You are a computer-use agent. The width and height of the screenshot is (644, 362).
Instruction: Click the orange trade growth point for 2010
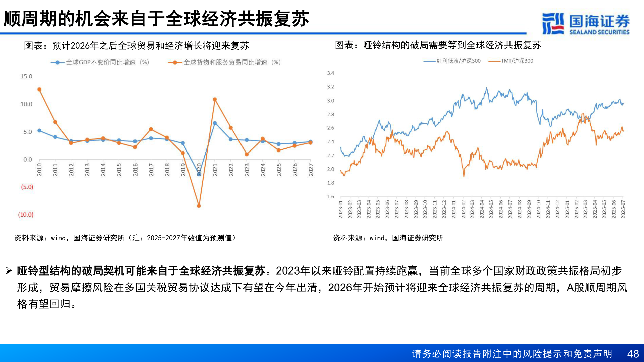(39, 89)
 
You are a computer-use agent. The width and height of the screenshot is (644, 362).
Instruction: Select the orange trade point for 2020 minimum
(199, 206)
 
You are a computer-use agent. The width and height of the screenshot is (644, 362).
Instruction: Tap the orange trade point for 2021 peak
(215, 99)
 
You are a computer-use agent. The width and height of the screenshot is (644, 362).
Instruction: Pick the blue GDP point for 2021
(215, 123)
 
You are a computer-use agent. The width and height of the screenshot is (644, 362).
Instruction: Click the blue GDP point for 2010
(39, 130)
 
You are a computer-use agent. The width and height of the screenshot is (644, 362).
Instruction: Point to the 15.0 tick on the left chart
(26, 76)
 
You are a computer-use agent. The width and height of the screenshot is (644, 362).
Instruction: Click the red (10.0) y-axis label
(26, 215)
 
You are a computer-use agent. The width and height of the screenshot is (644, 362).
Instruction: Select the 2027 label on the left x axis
(311, 170)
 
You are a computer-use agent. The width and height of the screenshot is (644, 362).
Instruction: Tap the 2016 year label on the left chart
(135, 170)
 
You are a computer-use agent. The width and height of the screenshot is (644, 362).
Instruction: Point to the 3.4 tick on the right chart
(330, 73)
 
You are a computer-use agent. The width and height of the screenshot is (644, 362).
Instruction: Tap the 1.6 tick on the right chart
(330, 196)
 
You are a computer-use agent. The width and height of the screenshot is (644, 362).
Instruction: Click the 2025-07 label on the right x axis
(623, 209)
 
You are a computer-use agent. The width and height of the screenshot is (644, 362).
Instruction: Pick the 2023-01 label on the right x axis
(340, 209)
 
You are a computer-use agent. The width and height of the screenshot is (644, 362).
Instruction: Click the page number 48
(633, 354)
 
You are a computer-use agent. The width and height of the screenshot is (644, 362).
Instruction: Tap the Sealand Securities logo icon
(553, 23)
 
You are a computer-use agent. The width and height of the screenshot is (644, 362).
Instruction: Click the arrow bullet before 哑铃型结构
(9, 271)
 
